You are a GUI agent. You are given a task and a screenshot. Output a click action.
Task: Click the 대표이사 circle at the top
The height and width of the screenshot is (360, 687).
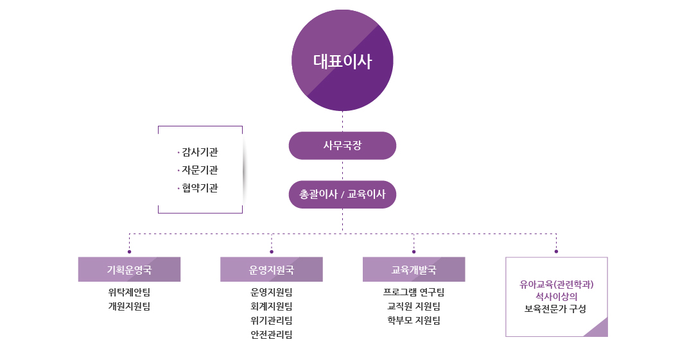click(342, 61)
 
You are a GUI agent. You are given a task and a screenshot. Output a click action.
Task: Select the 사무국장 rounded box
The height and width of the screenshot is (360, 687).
click(342, 145)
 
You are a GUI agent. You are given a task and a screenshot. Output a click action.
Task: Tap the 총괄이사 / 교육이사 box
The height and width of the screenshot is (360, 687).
click(342, 194)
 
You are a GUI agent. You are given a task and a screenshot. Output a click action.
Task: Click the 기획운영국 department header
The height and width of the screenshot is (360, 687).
click(129, 270)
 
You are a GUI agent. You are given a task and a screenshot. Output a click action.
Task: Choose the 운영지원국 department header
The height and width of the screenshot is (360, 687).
click(272, 270)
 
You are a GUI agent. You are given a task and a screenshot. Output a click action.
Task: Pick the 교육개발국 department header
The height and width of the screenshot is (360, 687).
click(413, 270)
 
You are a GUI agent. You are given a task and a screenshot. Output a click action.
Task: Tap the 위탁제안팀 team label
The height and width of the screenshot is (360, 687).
click(129, 293)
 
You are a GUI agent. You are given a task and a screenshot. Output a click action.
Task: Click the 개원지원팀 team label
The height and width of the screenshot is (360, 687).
click(129, 307)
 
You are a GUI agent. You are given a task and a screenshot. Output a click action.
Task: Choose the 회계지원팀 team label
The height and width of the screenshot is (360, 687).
click(272, 307)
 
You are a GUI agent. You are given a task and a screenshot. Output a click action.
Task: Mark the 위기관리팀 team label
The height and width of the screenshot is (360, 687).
click(272, 321)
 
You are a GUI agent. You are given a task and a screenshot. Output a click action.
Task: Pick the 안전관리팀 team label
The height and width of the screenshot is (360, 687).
click(272, 335)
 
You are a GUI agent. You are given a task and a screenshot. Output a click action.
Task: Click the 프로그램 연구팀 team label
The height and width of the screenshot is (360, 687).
click(413, 293)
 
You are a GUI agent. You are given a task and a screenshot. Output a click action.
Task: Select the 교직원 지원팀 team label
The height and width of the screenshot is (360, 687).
click(413, 307)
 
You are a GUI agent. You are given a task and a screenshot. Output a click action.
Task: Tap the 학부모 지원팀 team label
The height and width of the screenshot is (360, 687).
click(413, 321)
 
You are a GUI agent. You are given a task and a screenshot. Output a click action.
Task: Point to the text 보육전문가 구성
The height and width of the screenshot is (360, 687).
click(556, 309)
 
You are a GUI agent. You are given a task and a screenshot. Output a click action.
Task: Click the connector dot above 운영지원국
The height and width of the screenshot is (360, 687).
click(272, 252)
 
